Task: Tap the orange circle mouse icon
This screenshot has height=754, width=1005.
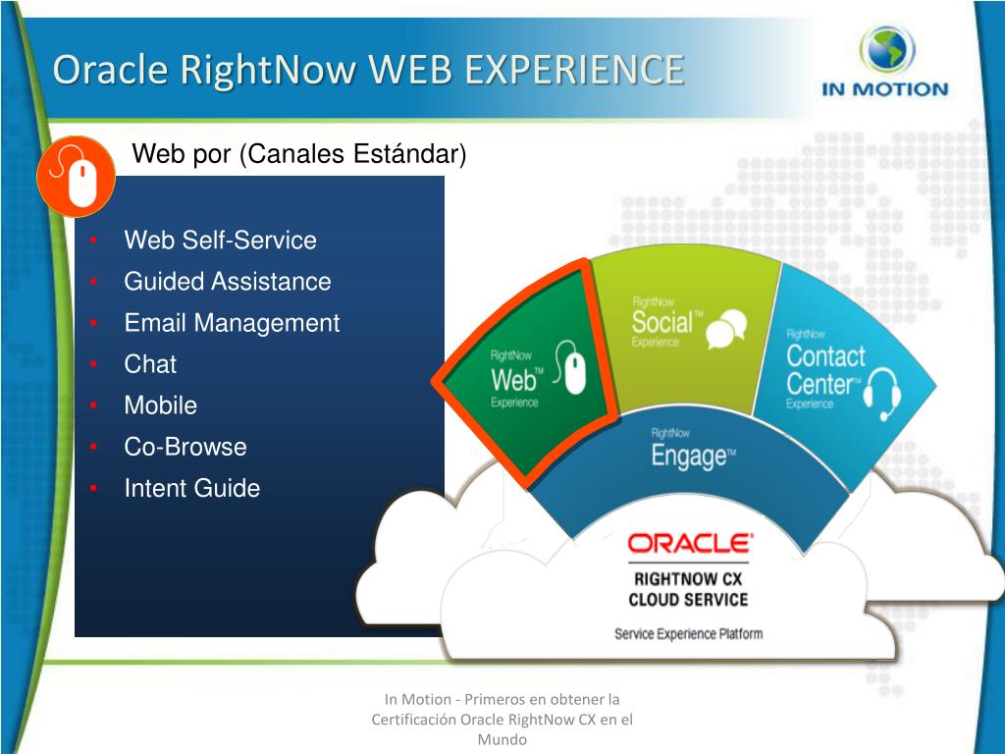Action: coord(77,177)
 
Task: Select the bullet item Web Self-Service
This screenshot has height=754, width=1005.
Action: coord(220,241)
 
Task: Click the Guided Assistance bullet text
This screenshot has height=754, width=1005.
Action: coord(227,282)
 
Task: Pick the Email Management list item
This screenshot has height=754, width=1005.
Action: coord(232,323)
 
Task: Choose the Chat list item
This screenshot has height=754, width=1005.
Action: coord(150,364)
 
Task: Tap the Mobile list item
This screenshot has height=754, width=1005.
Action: coord(160,405)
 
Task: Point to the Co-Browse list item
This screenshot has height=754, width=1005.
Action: coord(185,447)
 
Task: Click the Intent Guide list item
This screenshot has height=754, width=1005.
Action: coord(191,488)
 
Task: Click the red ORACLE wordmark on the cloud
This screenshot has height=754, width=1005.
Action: coord(690,543)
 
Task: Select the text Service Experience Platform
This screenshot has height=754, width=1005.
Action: coord(688,633)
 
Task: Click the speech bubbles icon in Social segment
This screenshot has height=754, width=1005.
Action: coord(727,326)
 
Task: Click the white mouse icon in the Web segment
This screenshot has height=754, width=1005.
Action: coord(575,370)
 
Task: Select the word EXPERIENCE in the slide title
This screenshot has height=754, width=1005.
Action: coord(573,71)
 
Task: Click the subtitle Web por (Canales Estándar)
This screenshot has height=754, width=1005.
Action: coord(299,154)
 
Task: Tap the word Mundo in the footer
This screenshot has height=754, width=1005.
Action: coord(502,739)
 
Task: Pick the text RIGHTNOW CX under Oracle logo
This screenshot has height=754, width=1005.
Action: coord(688,578)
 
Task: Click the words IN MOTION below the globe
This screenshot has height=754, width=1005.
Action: coord(885,89)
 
